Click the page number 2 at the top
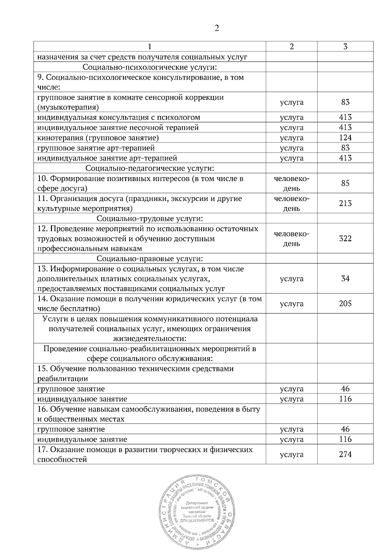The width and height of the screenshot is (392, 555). (217, 28)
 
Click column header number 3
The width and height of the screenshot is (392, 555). (345, 47)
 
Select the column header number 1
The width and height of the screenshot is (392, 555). (150, 47)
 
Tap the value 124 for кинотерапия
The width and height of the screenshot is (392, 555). (345, 138)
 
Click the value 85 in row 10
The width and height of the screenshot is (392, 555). (345, 183)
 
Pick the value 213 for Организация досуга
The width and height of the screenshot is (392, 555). (345, 203)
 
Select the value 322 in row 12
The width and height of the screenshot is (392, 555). (345, 239)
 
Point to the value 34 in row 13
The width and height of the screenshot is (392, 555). (345, 279)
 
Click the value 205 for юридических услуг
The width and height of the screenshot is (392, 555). (345, 304)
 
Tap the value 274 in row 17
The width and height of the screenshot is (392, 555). (345, 454)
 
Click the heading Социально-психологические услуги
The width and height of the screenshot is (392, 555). (150, 67)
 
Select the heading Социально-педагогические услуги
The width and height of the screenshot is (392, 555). (150, 168)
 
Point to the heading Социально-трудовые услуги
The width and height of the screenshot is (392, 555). (150, 218)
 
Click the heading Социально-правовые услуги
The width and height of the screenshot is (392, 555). (150, 259)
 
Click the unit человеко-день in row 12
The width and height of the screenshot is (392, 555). (291, 239)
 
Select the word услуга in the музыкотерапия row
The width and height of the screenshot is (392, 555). (291, 102)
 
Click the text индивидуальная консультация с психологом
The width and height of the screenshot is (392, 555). (119, 117)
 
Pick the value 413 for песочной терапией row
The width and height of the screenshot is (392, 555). (345, 127)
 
